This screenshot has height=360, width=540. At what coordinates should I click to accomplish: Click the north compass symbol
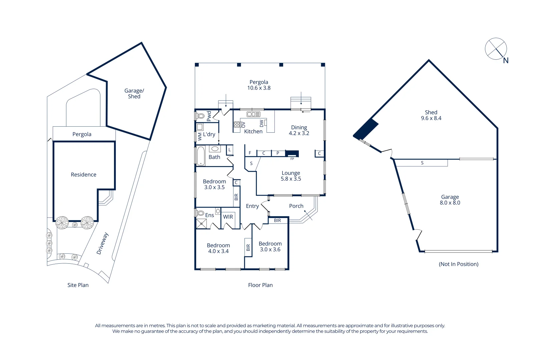coord(496,49)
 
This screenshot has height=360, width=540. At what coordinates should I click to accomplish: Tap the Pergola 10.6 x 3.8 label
coord(259,85)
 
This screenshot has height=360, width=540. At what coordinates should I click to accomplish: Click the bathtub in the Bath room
coord(201,156)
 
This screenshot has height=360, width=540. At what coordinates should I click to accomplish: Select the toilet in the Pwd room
coord(200,116)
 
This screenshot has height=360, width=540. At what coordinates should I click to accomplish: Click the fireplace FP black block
coord(292,153)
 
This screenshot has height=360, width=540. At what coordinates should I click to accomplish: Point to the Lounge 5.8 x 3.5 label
coord(291,176)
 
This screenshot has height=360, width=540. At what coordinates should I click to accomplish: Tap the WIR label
coord(228,217)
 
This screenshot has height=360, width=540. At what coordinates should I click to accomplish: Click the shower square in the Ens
coord(201,224)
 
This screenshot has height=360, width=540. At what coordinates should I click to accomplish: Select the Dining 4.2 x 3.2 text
coord(299,130)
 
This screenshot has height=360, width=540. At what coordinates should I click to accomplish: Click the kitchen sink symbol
coord(253,114)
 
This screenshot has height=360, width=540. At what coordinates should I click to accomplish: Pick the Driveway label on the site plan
coord(102,244)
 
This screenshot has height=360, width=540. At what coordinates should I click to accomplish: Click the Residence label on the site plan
coord(83,175)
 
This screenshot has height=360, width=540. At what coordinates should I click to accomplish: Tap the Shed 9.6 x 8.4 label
coord(431,115)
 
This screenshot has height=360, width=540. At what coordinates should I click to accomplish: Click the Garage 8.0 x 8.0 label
coord(450,200)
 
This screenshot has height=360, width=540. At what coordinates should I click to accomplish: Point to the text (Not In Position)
coord(459,264)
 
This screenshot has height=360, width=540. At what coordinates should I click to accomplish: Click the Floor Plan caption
coord(260,285)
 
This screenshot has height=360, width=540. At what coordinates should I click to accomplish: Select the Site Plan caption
coord(78,285)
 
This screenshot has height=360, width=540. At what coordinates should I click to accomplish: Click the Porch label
coord(296,206)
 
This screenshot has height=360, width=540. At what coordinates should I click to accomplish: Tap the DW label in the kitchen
coord(261,123)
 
